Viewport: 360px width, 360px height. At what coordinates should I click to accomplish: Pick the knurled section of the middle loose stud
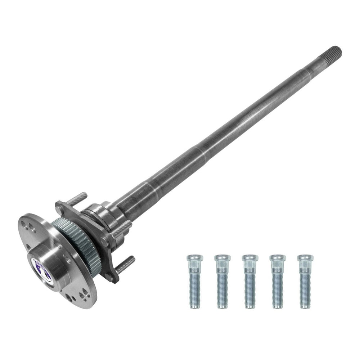[247, 270]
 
